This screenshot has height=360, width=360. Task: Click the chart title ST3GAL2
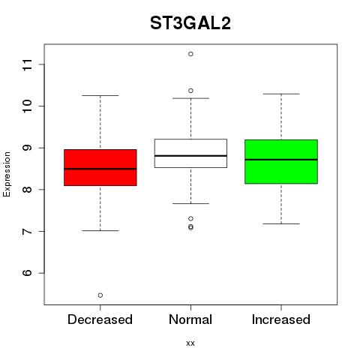(x=190, y=23)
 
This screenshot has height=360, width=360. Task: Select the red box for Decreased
(x=100, y=167)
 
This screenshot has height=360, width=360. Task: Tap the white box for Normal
(x=190, y=153)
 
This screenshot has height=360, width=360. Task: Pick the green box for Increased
(x=281, y=161)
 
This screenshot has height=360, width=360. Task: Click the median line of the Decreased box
(x=100, y=169)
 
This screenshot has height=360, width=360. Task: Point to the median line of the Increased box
(x=281, y=160)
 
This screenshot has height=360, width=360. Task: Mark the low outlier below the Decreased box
(x=100, y=295)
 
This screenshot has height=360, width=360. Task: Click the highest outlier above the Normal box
(x=190, y=54)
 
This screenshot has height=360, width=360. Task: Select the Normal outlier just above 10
(x=190, y=91)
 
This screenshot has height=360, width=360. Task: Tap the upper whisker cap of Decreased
(x=100, y=95)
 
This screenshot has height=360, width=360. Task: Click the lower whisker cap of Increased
(x=281, y=223)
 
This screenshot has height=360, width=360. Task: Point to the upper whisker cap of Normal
(x=190, y=98)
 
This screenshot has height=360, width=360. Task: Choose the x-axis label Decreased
(x=100, y=319)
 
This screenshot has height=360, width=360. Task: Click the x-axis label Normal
(x=190, y=319)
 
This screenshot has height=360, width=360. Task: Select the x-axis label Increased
(x=281, y=319)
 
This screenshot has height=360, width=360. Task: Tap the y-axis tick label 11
(x=28, y=64)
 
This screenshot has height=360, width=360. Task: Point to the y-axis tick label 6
(x=28, y=273)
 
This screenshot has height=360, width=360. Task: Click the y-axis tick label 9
(x=28, y=148)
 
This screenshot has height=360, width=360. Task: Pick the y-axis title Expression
(x=7, y=174)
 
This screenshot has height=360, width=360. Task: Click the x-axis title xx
(x=190, y=343)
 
